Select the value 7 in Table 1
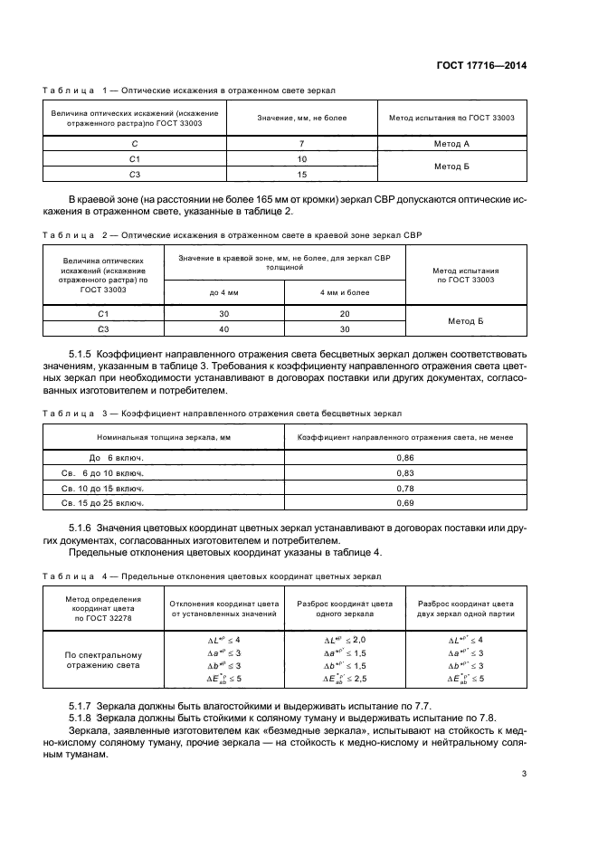pyautogui.click(x=301, y=144)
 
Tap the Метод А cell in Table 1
pyautogui.click(x=452, y=144)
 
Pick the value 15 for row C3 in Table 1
pyautogui.click(x=301, y=175)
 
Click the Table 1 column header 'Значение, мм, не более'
pyautogui.click(x=301, y=118)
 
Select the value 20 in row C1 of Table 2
pyautogui.click(x=345, y=313)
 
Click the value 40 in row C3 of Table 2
pyautogui.click(x=223, y=328)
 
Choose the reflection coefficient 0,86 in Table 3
pyautogui.click(x=405, y=458)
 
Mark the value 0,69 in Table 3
pyautogui.click(x=405, y=502)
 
